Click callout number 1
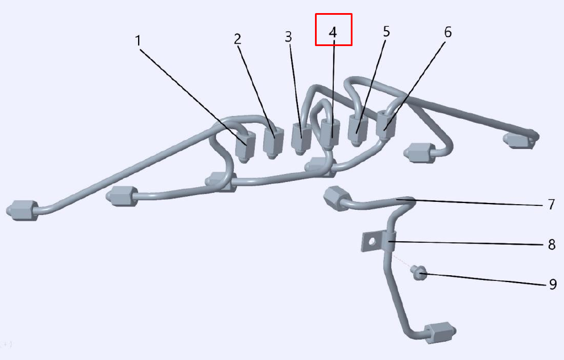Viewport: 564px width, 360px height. (x=138, y=40)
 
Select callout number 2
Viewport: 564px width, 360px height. (x=238, y=39)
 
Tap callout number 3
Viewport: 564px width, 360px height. (x=288, y=37)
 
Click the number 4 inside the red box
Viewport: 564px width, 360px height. (x=333, y=32)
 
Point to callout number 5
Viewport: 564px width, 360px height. (x=386, y=32)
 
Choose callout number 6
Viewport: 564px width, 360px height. (x=448, y=32)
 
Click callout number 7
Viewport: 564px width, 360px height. (x=551, y=204)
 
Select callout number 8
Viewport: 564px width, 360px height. (x=551, y=245)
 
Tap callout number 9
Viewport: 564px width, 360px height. (x=553, y=284)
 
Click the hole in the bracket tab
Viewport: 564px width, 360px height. (x=371, y=241)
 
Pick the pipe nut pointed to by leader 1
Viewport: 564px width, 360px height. (x=245, y=147)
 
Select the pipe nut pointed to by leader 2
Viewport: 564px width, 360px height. (x=273, y=143)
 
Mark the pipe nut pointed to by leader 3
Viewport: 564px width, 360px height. (x=301, y=139)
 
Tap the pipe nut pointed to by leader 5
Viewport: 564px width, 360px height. (x=358, y=131)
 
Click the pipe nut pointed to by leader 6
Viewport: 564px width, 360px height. (x=386, y=126)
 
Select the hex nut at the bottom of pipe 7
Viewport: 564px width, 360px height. (x=439, y=333)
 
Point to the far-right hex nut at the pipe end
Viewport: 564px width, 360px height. (x=520, y=140)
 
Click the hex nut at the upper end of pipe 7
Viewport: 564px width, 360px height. (x=337, y=198)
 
